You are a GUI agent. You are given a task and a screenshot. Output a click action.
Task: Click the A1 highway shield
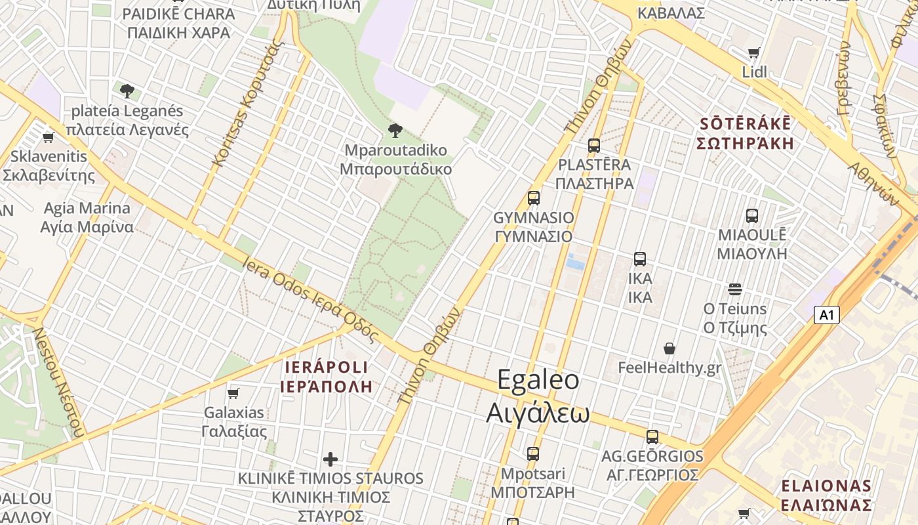pos(827,315)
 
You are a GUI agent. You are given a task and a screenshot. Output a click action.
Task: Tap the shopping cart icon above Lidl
pos(754,53)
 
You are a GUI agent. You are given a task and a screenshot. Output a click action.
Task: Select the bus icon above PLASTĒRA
pos(594,146)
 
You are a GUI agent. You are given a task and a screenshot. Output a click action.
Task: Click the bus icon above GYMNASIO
pos(534,198)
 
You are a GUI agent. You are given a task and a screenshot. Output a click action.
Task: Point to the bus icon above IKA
pos(640,259)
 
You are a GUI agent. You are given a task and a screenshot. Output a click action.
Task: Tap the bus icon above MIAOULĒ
pos(752,215)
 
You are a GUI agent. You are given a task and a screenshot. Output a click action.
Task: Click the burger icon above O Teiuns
pos(735,289)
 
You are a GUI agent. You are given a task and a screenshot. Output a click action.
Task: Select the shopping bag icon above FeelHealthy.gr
pos(669,348)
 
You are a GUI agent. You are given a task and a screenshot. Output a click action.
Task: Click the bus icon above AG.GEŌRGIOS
pos(652,437)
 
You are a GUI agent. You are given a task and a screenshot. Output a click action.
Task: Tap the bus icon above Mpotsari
pos(533,453)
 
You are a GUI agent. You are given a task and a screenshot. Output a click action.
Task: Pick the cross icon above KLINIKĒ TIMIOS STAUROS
pos(330,459)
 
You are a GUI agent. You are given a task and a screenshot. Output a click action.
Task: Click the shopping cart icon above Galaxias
pos(233,394)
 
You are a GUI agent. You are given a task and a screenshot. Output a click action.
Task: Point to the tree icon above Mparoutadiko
pos(395,131)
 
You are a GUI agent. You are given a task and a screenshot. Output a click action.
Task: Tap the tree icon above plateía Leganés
pos(127,91)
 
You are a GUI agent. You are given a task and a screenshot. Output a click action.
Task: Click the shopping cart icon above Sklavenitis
pos(48,138)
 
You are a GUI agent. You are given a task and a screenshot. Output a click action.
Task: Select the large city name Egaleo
pos(538,380)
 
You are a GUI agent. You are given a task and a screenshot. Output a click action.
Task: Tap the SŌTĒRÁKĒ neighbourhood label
pos(746,124)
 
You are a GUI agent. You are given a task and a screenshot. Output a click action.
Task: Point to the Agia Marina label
pos(87,209)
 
